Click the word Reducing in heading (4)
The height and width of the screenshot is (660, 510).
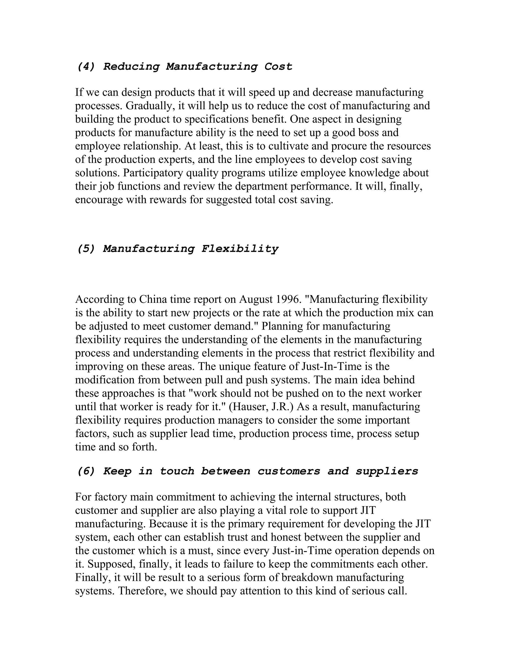coord(131,66)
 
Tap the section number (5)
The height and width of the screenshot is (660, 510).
coord(86,249)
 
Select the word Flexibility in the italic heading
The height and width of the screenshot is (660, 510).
coord(240,249)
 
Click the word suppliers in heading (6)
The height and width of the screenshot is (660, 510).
coord(387,471)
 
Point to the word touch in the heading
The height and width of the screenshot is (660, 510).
coord(177,471)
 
